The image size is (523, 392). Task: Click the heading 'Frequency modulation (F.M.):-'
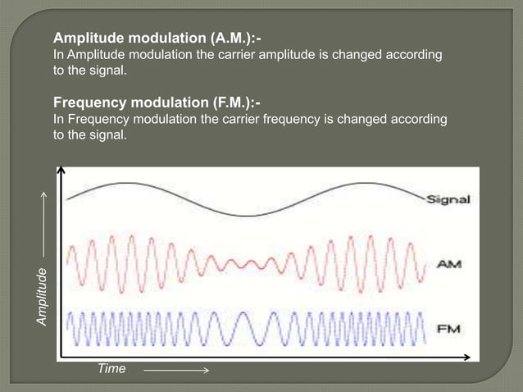(x=157, y=103)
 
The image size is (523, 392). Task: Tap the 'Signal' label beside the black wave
(x=448, y=200)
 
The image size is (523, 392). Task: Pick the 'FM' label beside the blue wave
(x=447, y=329)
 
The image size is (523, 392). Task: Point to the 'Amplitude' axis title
(x=43, y=299)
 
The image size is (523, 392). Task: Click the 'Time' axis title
(x=111, y=369)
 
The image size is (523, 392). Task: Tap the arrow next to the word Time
(x=176, y=370)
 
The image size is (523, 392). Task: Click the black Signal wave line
(x=246, y=214)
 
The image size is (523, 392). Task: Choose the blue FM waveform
(x=246, y=328)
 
